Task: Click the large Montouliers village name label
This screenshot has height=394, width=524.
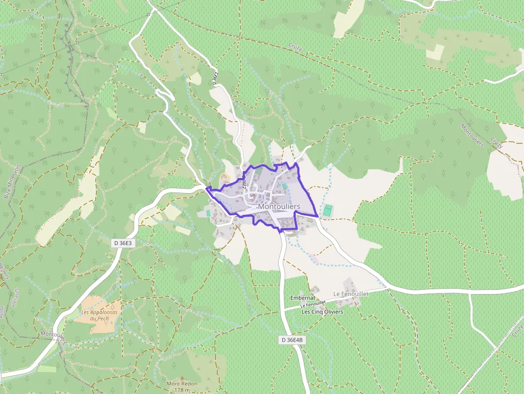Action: pos(279,206)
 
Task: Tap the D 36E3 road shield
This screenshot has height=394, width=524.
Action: pos(122,243)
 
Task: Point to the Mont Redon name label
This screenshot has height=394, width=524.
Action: pos(182,383)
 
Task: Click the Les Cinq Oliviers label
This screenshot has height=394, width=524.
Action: pos(322,311)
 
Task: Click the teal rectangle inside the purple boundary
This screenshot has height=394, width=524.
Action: pos(284,187)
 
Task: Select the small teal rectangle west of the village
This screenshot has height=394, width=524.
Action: pos(208,213)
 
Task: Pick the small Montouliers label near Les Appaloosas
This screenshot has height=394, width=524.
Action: pos(52,335)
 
